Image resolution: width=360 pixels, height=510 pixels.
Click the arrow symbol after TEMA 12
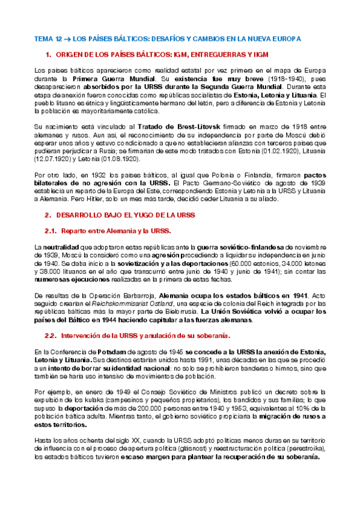(67, 38)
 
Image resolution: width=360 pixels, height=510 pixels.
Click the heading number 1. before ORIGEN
(49, 55)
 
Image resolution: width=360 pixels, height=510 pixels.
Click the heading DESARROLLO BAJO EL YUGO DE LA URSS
(121, 214)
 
